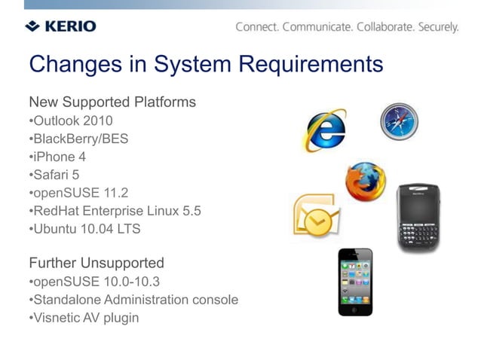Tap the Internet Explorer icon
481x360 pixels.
325,130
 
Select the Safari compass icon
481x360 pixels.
398,121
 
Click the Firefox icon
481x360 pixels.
365,182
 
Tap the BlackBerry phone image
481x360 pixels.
418,218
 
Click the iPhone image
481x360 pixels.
354,282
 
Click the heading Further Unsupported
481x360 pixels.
96,263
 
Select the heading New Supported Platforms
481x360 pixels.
112,102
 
